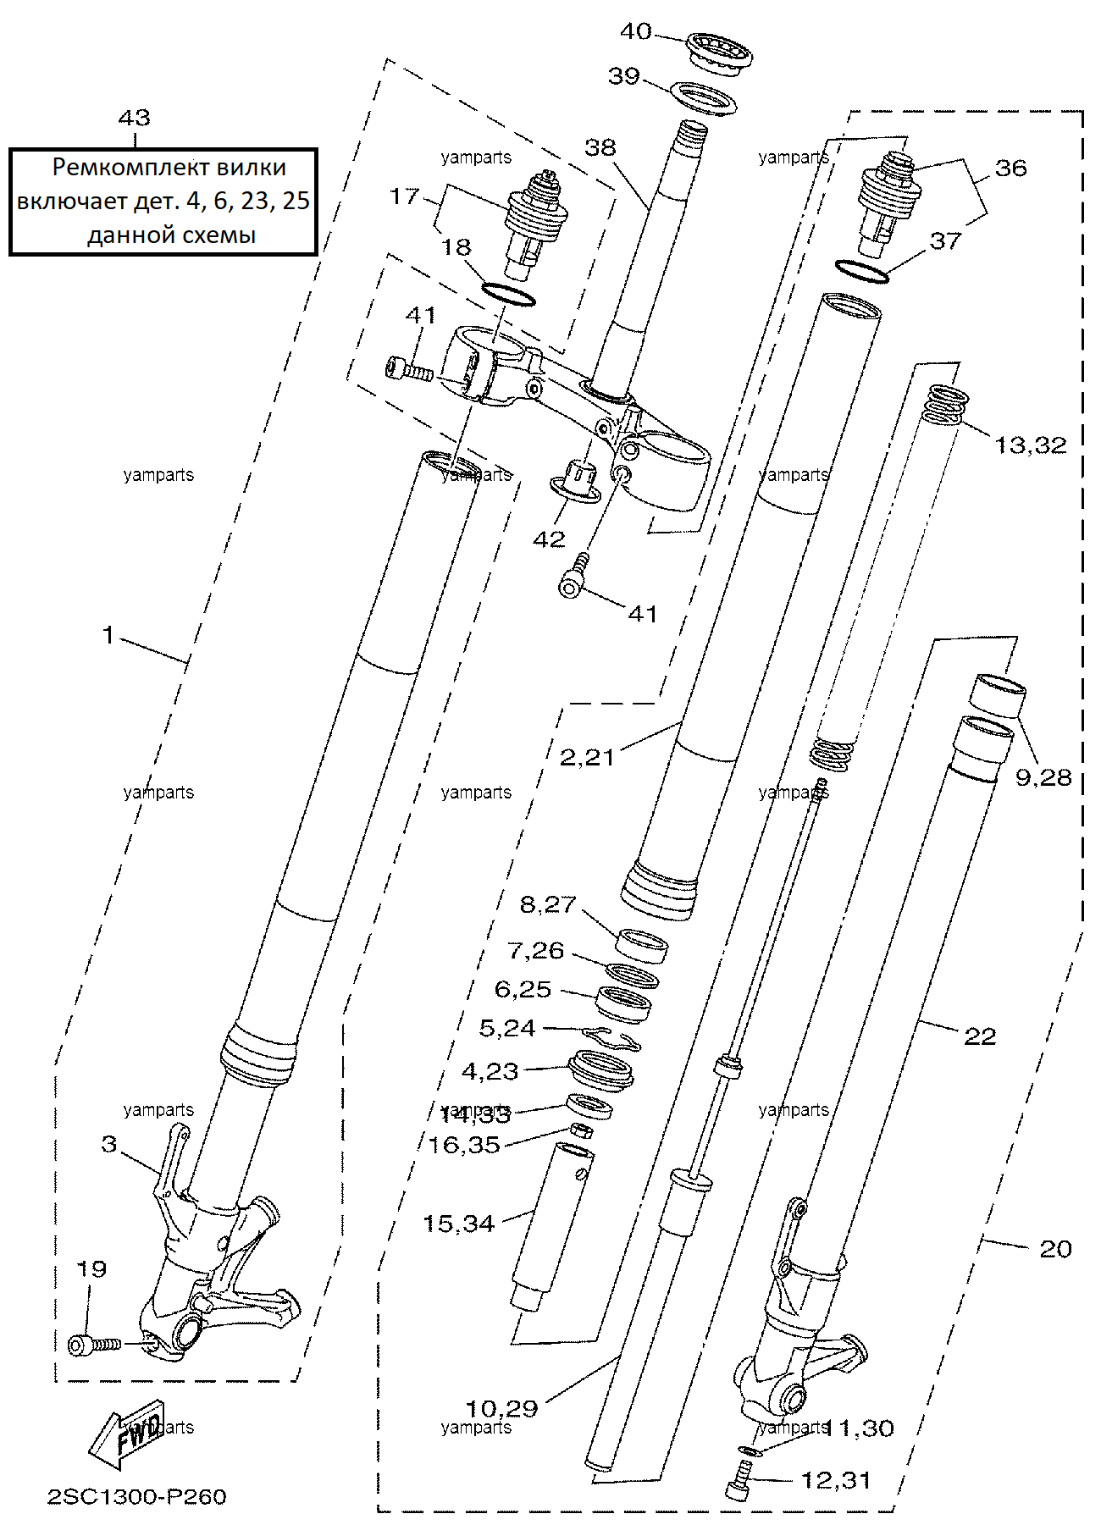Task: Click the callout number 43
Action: pos(135,118)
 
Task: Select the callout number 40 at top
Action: pos(636,31)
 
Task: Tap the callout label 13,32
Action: pos(1031,445)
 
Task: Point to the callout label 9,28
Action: pos(1043,777)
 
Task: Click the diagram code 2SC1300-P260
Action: pos(136,1496)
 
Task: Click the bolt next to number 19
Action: pos(94,1344)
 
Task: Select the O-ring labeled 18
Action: pos(508,295)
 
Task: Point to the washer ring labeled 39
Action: pos(704,98)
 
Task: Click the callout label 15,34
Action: pos(458,1224)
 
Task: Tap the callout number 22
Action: pos(980,1036)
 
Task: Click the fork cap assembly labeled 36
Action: pos(887,203)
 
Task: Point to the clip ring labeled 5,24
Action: pos(611,1038)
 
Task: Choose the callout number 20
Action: pos(1055,1249)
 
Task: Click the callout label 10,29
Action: pos(502,1408)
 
